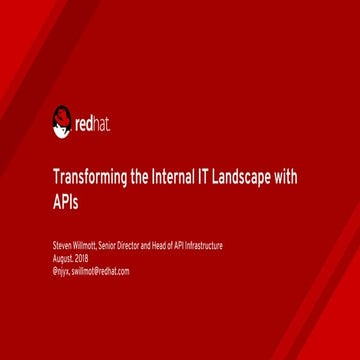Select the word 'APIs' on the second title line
63,207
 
